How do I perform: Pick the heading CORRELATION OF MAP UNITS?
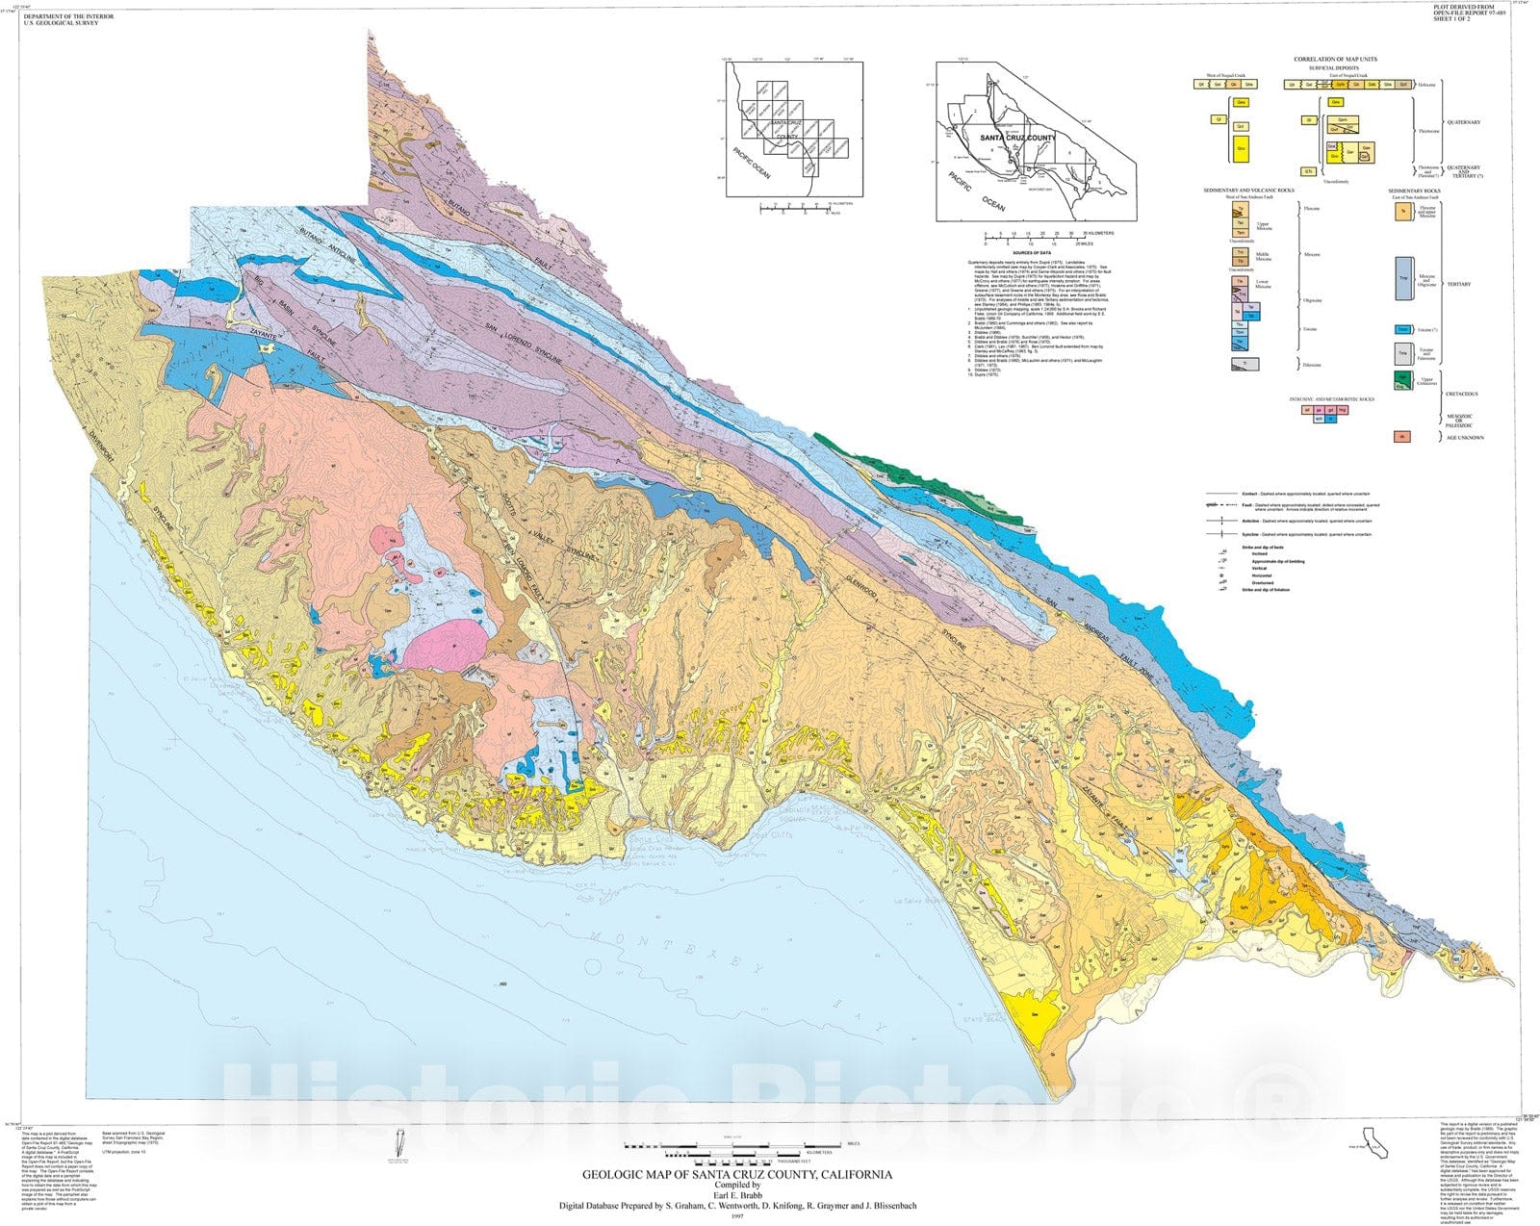point(1335,60)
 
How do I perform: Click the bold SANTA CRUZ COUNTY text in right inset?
point(1017,139)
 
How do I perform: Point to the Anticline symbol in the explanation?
point(1219,520)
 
